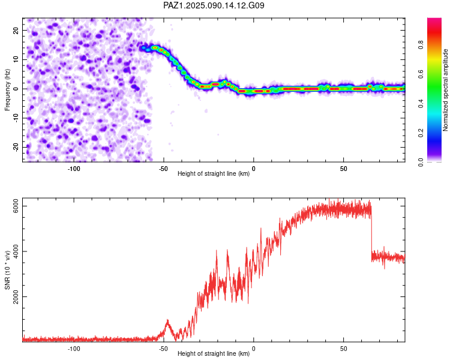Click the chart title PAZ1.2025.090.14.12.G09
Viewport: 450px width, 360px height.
(x=214, y=5)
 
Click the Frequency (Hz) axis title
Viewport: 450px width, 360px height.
(x=7, y=90)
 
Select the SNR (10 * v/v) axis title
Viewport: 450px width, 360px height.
(x=7, y=270)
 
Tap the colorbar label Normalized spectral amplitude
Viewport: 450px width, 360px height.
(x=445, y=90)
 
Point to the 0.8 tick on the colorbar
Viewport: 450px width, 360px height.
(x=421, y=45)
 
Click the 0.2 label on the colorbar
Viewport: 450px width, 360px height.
(x=421, y=133)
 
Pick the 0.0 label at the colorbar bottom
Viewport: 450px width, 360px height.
(x=421, y=162)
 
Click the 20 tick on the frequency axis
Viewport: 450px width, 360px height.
(x=16, y=30)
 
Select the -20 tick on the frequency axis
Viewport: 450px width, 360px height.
(x=16, y=147)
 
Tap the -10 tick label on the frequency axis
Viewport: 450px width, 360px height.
(x=16, y=118)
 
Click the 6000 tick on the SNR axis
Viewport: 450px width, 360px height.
(x=16, y=206)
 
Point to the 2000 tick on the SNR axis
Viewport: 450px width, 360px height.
(x=16, y=296)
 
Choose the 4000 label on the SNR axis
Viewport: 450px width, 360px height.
(x=16, y=251)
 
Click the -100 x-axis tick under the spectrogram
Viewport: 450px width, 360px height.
(x=74, y=169)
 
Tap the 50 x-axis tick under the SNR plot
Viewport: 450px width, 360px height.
(x=344, y=349)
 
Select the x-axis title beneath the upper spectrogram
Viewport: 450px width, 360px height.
(x=214, y=173)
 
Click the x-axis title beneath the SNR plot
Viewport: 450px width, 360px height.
(x=214, y=353)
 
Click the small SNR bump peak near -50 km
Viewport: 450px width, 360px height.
(x=167, y=320)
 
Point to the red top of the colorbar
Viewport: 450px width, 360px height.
(x=434, y=20)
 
